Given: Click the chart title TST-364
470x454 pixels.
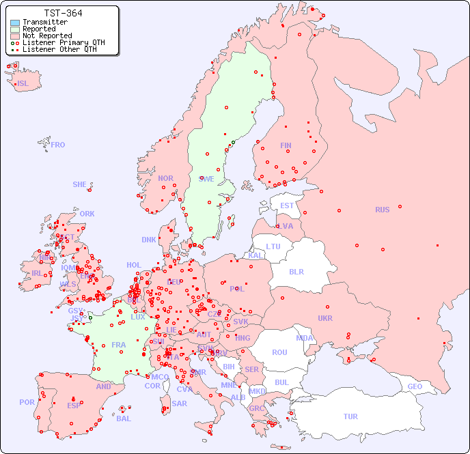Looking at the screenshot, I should (63, 13).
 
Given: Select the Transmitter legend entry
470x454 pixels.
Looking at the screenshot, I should (44, 22).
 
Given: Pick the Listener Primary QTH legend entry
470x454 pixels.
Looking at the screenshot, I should (63, 42).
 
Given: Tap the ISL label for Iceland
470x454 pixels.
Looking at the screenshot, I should (23, 84).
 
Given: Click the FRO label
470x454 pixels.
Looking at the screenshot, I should (58, 145).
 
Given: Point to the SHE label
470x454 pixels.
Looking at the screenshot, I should (80, 184).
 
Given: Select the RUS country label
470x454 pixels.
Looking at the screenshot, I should (382, 210).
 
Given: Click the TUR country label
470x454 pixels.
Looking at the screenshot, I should (350, 416).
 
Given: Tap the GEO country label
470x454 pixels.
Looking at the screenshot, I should (415, 386).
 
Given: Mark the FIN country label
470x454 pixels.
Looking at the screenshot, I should (286, 145).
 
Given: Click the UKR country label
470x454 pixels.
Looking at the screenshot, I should (325, 318).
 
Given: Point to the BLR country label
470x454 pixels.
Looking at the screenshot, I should (296, 271).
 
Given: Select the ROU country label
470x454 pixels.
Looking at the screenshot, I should (279, 352).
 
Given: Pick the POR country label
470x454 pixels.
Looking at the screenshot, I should (27, 402).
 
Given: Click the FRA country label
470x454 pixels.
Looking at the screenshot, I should (119, 345).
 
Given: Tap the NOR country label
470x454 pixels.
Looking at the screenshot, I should (165, 178).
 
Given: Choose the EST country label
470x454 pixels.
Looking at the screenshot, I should (287, 205).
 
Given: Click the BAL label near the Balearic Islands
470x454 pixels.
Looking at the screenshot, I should (124, 418).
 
